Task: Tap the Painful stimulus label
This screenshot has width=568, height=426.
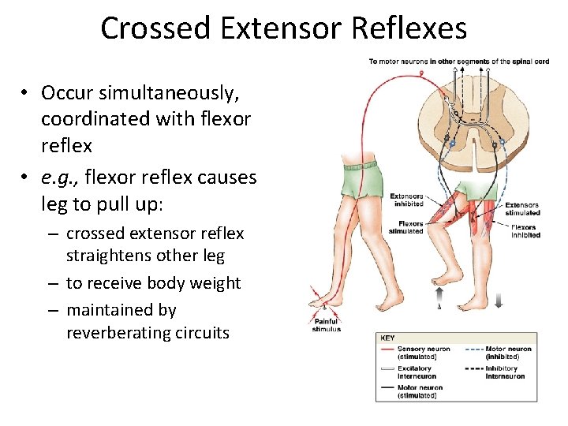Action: click(327, 324)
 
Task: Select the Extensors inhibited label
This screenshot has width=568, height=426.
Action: click(407, 200)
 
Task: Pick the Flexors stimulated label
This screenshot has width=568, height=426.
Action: click(406, 227)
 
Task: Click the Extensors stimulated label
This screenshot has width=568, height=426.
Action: click(522, 208)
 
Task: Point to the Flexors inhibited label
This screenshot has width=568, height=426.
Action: click(525, 231)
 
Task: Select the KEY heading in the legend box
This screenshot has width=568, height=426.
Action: click(388, 338)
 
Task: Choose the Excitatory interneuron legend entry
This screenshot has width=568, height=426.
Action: click(414, 372)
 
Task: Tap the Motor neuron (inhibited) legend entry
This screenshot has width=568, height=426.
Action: click(507, 352)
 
